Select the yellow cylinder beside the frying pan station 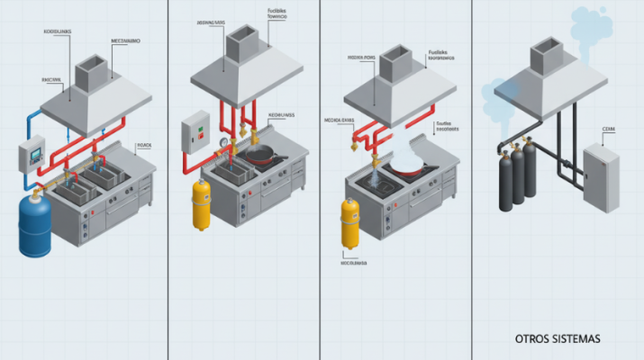pyautogui.click(x=202, y=204)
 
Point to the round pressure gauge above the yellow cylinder pyautogui.click(x=222, y=141)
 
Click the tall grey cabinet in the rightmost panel pyautogui.click(x=601, y=178)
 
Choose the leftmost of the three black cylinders pyautogui.click(x=505, y=179)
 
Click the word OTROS pyautogui.click(x=534, y=338)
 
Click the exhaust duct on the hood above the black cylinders pyautogui.click(x=547, y=56)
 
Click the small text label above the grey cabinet pyautogui.click(x=608, y=130)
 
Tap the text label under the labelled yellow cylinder pyautogui.click(x=353, y=264)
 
